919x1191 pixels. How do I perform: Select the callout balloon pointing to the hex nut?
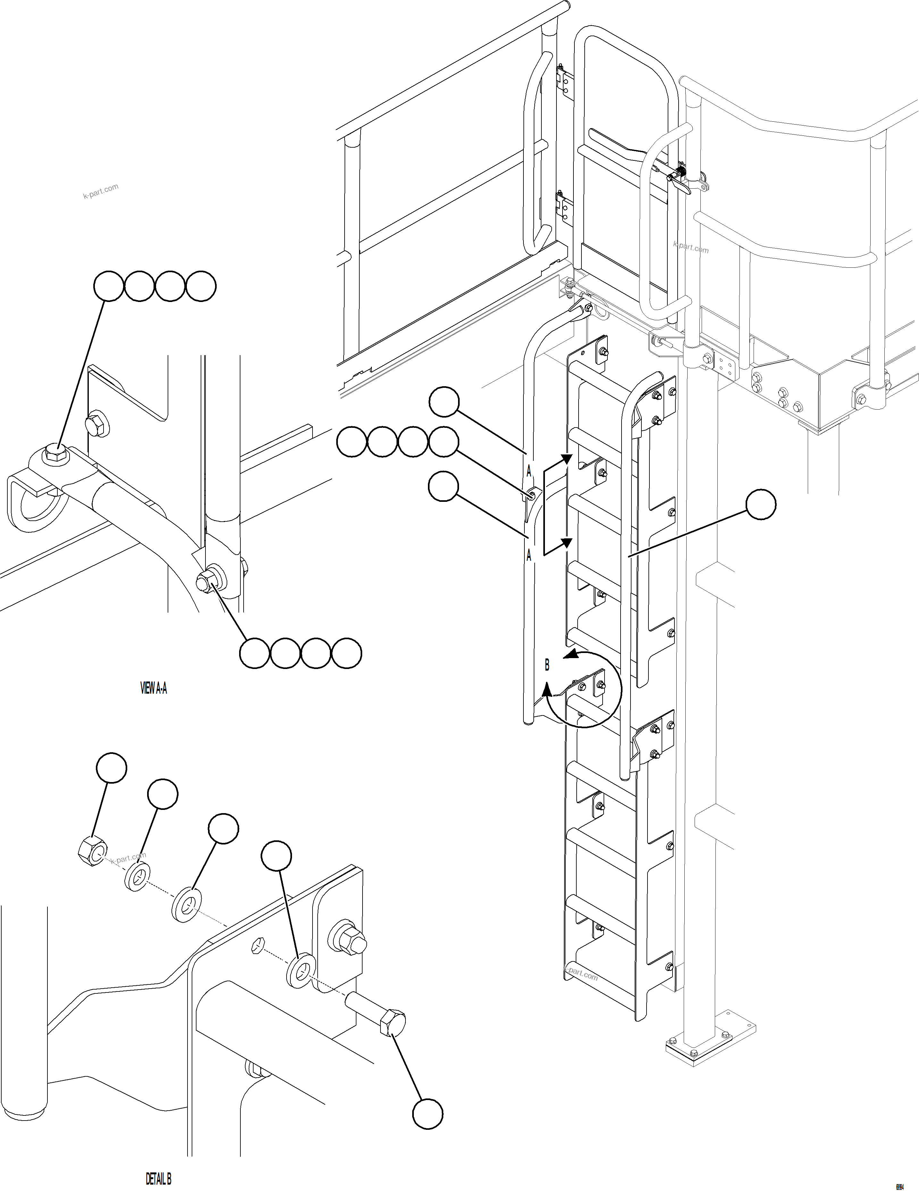(x=111, y=768)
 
